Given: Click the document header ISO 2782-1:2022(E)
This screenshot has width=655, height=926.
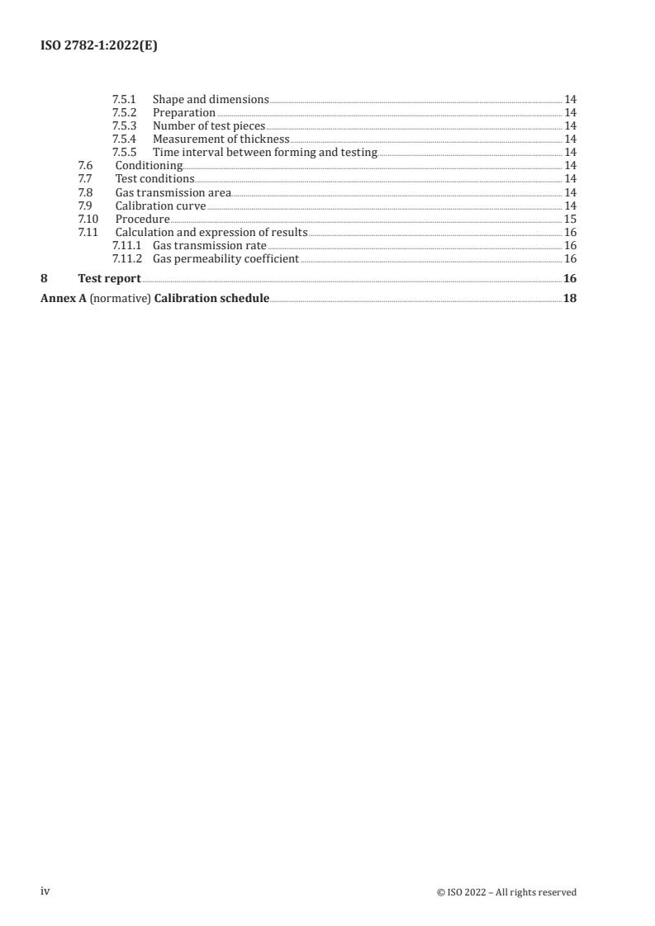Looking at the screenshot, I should click(x=99, y=46).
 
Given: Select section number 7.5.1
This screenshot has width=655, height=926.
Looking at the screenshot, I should click(x=124, y=99).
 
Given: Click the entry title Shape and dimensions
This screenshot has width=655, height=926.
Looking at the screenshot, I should click(x=211, y=99).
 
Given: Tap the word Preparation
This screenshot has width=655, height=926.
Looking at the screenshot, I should click(x=183, y=112).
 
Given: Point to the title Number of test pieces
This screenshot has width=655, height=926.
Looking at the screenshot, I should click(x=209, y=125).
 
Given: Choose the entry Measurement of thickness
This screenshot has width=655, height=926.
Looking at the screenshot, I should click(x=221, y=139).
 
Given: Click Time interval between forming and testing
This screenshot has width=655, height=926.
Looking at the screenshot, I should click(x=264, y=152).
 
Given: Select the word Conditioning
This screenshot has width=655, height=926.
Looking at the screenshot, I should click(x=149, y=165).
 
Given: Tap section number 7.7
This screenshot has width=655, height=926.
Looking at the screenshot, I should click(x=85, y=178).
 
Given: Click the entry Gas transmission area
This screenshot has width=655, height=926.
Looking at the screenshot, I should click(x=173, y=192).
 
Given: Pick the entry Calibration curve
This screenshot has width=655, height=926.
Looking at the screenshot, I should click(x=160, y=206).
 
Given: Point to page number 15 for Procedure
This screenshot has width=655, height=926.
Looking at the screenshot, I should click(x=570, y=219).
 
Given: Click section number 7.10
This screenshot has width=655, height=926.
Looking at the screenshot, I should click(x=88, y=219).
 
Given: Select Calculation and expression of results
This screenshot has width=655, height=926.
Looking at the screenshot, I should click(x=211, y=232).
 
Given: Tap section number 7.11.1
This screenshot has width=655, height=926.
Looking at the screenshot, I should click(x=126, y=245).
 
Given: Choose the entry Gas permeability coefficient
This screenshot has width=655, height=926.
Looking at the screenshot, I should click(x=225, y=258).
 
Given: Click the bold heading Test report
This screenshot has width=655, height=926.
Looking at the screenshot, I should click(x=109, y=278).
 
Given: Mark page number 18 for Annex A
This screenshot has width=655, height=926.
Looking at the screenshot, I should click(x=570, y=298).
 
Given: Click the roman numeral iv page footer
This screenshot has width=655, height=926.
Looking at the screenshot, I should click(x=45, y=891).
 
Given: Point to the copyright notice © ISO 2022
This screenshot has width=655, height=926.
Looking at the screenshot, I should click(x=506, y=892).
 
